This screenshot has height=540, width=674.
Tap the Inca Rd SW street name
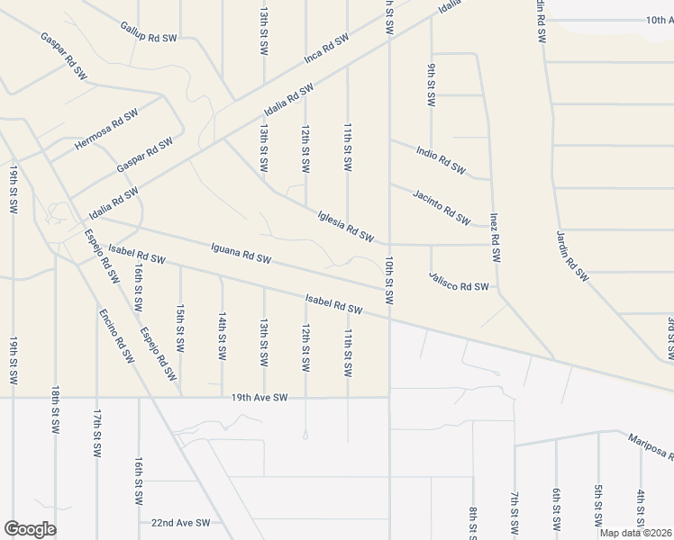coord(325,50)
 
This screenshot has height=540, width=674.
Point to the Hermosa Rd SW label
coord(106,130)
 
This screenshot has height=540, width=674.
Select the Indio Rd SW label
coord(441,158)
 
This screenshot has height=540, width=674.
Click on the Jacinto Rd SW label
coord(442,206)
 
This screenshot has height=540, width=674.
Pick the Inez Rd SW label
coord(495,238)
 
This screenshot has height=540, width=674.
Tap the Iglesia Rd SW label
coord(346,226)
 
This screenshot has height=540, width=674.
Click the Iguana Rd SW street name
coord(241,253)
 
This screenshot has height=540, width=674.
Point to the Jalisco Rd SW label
coord(459,286)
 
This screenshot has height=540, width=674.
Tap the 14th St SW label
coord(222,336)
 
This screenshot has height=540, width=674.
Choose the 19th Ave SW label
coord(259,397)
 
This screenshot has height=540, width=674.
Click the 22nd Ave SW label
coord(180,522)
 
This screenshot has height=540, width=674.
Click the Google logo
coord(30,529)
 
